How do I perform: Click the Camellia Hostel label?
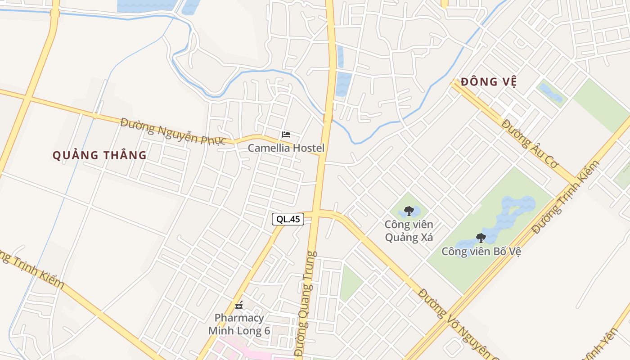(x=286, y=148)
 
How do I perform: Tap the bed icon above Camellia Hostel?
(x=286, y=134)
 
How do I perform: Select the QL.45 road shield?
(x=288, y=219)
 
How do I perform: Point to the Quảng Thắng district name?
(x=99, y=155)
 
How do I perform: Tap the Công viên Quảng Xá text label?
(x=409, y=230)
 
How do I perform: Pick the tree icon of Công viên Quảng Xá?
(x=409, y=211)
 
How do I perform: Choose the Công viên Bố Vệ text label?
(x=481, y=251)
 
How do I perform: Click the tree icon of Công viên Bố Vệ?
(x=481, y=238)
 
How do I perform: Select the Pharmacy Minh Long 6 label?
(x=239, y=324)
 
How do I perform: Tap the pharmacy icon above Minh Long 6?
(x=239, y=306)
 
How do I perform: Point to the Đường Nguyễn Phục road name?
(x=173, y=131)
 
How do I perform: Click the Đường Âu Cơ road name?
(x=530, y=144)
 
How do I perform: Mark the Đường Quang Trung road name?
(x=306, y=304)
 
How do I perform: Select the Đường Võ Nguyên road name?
(x=455, y=323)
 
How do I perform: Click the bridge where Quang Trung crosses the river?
(x=328, y=118)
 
